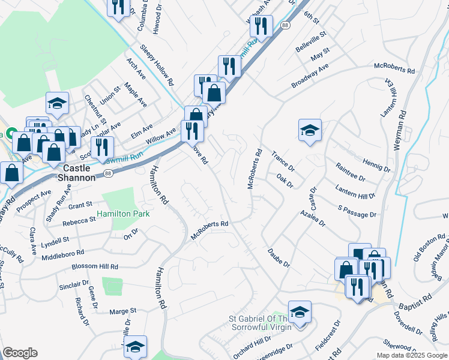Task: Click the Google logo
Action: (x=20, y=353)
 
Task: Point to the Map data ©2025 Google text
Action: (x=411, y=355)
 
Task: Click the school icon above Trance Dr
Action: (x=310, y=130)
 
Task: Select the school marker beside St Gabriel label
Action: (x=300, y=311)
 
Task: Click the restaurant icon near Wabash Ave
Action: (x=261, y=26)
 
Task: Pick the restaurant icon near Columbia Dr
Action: (x=118, y=7)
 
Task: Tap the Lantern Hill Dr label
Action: (x=355, y=191)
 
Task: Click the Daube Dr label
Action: (x=279, y=256)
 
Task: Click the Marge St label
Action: (x=123, y=311)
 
